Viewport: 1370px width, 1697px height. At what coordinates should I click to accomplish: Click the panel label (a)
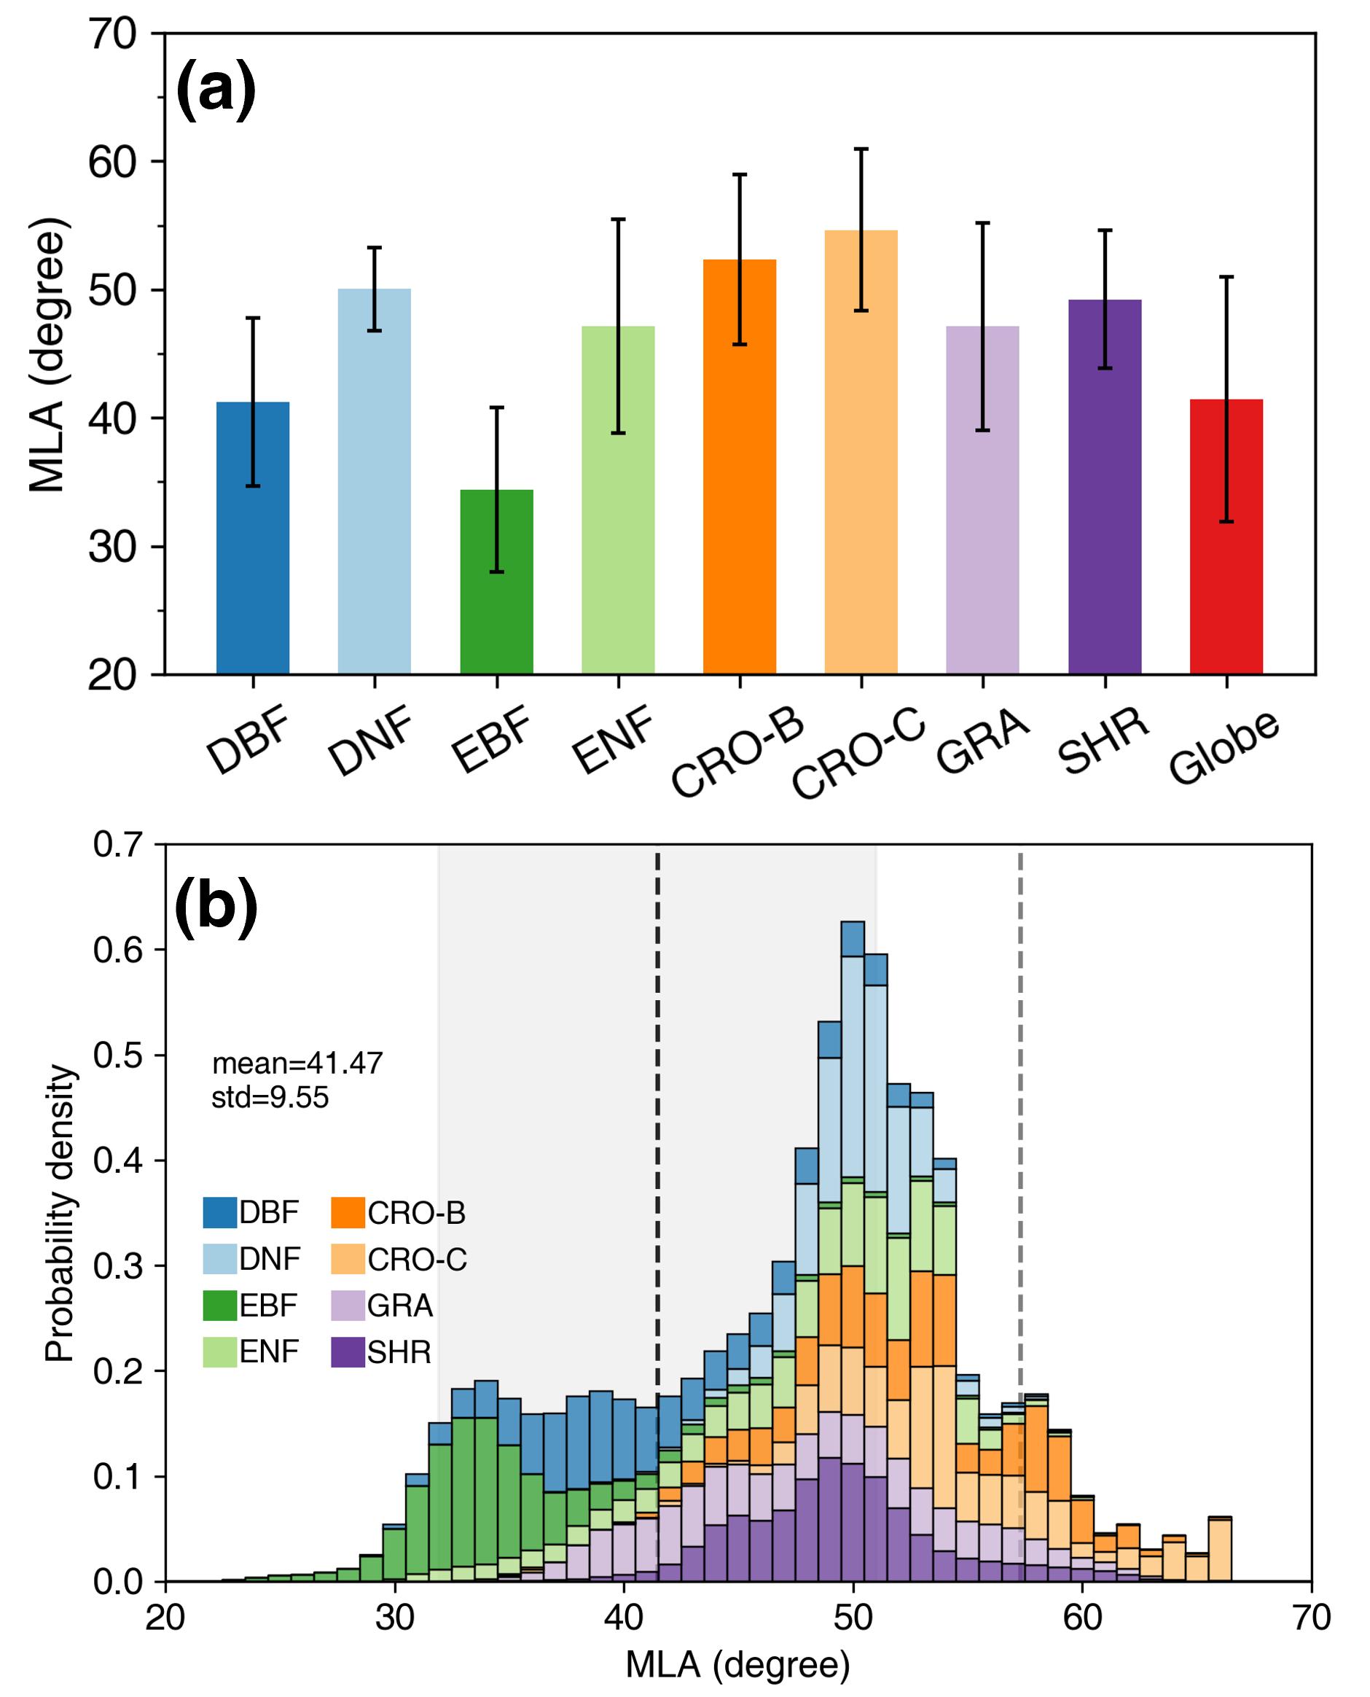(x=216, y=92)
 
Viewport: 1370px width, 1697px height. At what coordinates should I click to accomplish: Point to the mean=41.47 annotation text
(x=297, y=1064)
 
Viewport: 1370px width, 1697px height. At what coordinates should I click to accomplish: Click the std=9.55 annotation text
(x=270, y=1098)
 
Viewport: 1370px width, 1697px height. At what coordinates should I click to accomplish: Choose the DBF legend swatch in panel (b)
(x=219, y=1213)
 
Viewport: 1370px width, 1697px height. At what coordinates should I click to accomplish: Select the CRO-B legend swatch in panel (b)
(x=347, y=1213)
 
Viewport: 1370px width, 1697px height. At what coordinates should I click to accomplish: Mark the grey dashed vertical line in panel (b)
(x=1019, y=1026)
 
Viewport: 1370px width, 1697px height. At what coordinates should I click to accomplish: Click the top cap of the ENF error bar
(x=618, y=219)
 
